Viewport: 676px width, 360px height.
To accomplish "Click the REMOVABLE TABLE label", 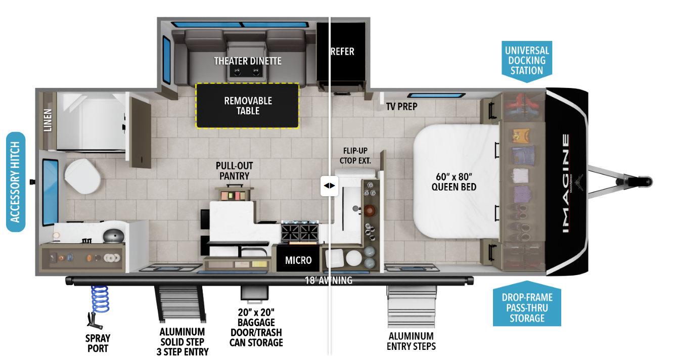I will (x=248, y=106).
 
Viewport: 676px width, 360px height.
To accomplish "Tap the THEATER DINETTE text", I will (x=247, y=61).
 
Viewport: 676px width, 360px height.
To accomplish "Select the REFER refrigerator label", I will (x=343, y=52).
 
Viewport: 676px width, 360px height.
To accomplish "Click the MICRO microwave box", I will (x=298, y=260).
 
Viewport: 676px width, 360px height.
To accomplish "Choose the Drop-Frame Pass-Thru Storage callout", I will (x=527, y=307).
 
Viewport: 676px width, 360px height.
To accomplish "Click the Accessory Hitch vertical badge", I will (x=16, y=182).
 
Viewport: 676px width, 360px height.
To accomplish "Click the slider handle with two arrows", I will (x=329, y=186).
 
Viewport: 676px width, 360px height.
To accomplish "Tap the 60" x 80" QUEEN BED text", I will (x=454, y=182).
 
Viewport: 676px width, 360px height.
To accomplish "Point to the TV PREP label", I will (x=401, y=107).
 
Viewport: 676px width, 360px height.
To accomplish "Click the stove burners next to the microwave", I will (x=300, y=233).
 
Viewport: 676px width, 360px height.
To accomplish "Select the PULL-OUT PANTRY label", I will (x=234, y=171).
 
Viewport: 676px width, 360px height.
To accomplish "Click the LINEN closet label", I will (x=48, y=120).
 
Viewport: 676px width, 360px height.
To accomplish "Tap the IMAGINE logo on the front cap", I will (x=565, y=183).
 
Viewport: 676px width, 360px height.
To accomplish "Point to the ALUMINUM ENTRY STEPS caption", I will (x=411, y=341).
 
